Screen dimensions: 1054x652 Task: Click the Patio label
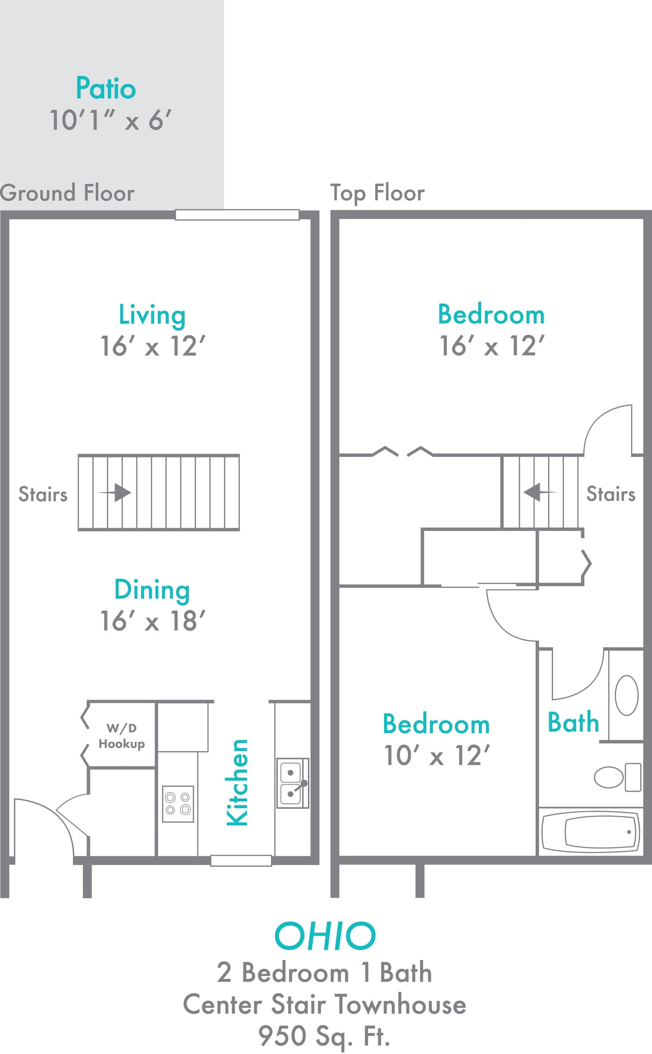(x=105, y=88)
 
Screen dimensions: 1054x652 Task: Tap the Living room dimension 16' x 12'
(x=152, y=346)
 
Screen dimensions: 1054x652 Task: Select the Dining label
(x=152, y=590)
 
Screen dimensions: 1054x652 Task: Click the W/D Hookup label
(x=121, y=736)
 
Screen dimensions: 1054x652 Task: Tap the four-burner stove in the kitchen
(x=178, y=803)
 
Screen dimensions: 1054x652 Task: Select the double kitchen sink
(x=292, y=782)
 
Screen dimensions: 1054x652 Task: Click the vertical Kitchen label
(x=238, y=782)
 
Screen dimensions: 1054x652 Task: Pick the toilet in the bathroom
(x=616, y=777)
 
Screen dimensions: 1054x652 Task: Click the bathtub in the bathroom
(x=591, y=832)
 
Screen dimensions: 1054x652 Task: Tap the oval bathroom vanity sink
(x=626, y=695)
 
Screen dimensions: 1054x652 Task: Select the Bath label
(x=573, y=723)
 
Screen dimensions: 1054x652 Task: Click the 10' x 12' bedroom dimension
(x=436, y=756)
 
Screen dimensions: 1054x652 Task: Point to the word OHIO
(x=325, y=936)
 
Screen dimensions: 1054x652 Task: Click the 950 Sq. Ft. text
(x=324, y=1036)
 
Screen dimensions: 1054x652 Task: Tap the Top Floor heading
(x=377, y=193)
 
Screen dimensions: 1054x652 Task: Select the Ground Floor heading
(x=67, y=193)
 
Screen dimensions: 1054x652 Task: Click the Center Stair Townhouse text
(x=324, y=1005)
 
